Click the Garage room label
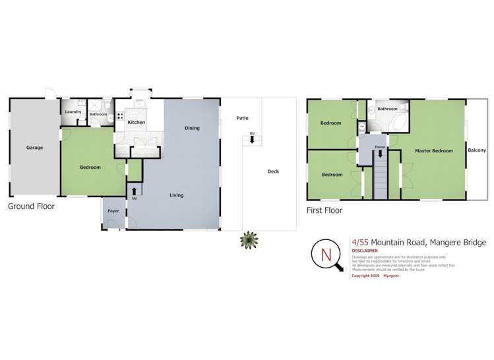pyautogui.click(x=34, y=148)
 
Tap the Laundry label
pyautogui.click(x=73, y=111)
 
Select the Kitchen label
pyautogui.click(x=136, y=123)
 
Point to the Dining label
pyautogui.click(x=192, y=128)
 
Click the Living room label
pyautogui.click(x=176, y=195)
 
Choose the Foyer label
pyautogui.click(x=113, y=212)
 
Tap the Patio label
pyautogui.click(x=242, y=118)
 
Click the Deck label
pyautogui.click(x=273, y=171)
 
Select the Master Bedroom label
pyautogui.click(x=433, y=151)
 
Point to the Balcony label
pyautogui.click(x=477, y=150)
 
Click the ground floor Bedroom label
pyautogui.click(x=90, y=167)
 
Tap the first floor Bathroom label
pyautogui.click(x=387, y=109)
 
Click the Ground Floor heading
pyautogui.click(x=31, y=206)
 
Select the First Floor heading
pyautogui.click(x=324, y=211)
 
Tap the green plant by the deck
pyautogui.click(x=248, y=241)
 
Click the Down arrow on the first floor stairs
pyautogui.click(x=379, y=154)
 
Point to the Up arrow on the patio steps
pyautogui.click(x=252, y=140)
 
